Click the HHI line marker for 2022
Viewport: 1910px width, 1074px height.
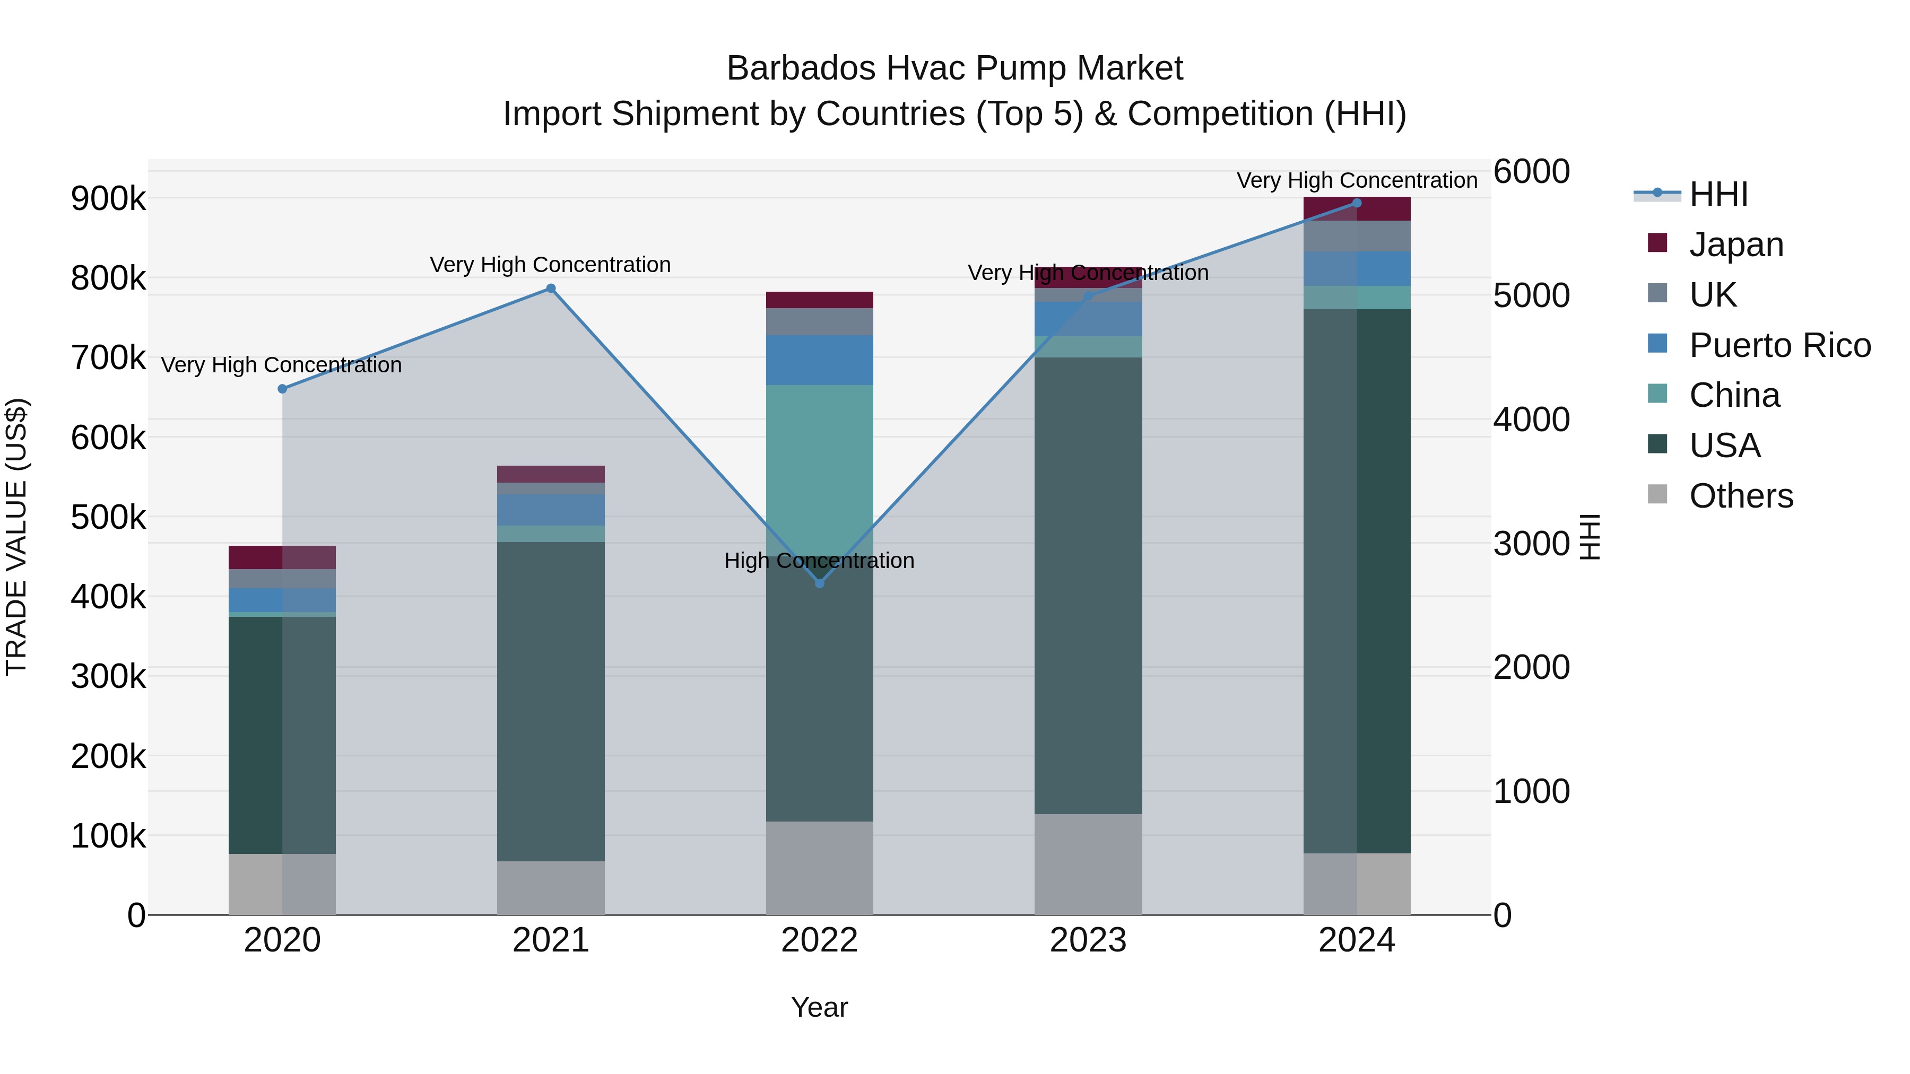coord(819,583)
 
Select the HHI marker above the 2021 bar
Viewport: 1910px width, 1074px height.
coord(551,289)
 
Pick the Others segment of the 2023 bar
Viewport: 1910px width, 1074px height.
coord(1088,865)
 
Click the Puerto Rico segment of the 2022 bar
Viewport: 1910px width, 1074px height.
coord(819,360)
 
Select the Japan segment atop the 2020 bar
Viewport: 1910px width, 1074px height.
coord(282,557)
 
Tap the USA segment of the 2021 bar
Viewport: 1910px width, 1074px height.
coord(551,701)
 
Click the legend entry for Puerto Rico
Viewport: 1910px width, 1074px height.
coord(1779,345)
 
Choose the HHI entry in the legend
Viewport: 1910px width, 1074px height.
coord(1718,194)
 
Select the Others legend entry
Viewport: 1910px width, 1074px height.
coord(1740,496)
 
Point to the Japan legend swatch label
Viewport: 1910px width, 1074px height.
coord(1736,245)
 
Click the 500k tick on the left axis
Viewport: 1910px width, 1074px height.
coord(108,517)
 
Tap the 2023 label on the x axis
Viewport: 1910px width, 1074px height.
coord(1088,940)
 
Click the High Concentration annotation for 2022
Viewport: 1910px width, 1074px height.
coord(819,561)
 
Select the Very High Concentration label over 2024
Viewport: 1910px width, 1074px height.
coord(1356,180)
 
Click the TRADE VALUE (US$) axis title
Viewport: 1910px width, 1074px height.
coord(16,537)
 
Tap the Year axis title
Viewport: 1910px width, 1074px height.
coord(819,1007)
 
